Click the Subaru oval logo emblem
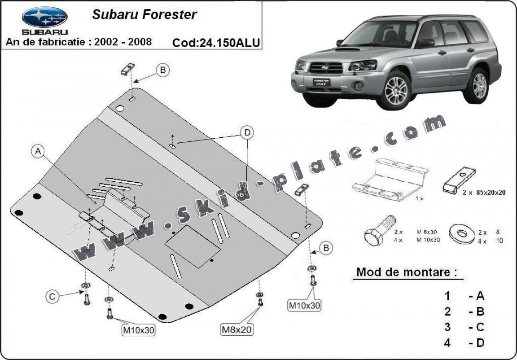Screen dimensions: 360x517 click(44, 17)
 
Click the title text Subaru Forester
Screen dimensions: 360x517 click(144, 14)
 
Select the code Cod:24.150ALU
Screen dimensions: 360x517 click(216, 42)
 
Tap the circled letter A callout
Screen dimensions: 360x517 click(38, 152)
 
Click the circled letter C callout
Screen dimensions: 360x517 click(52, 296)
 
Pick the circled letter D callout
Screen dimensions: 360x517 click(246, 132)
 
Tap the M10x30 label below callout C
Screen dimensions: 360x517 click(139, 330)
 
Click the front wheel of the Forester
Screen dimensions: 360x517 click(397, 90)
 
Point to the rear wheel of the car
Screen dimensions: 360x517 click(480, 85)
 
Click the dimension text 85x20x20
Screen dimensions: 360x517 click(486, 192)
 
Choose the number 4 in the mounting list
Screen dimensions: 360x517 click(447, 342)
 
